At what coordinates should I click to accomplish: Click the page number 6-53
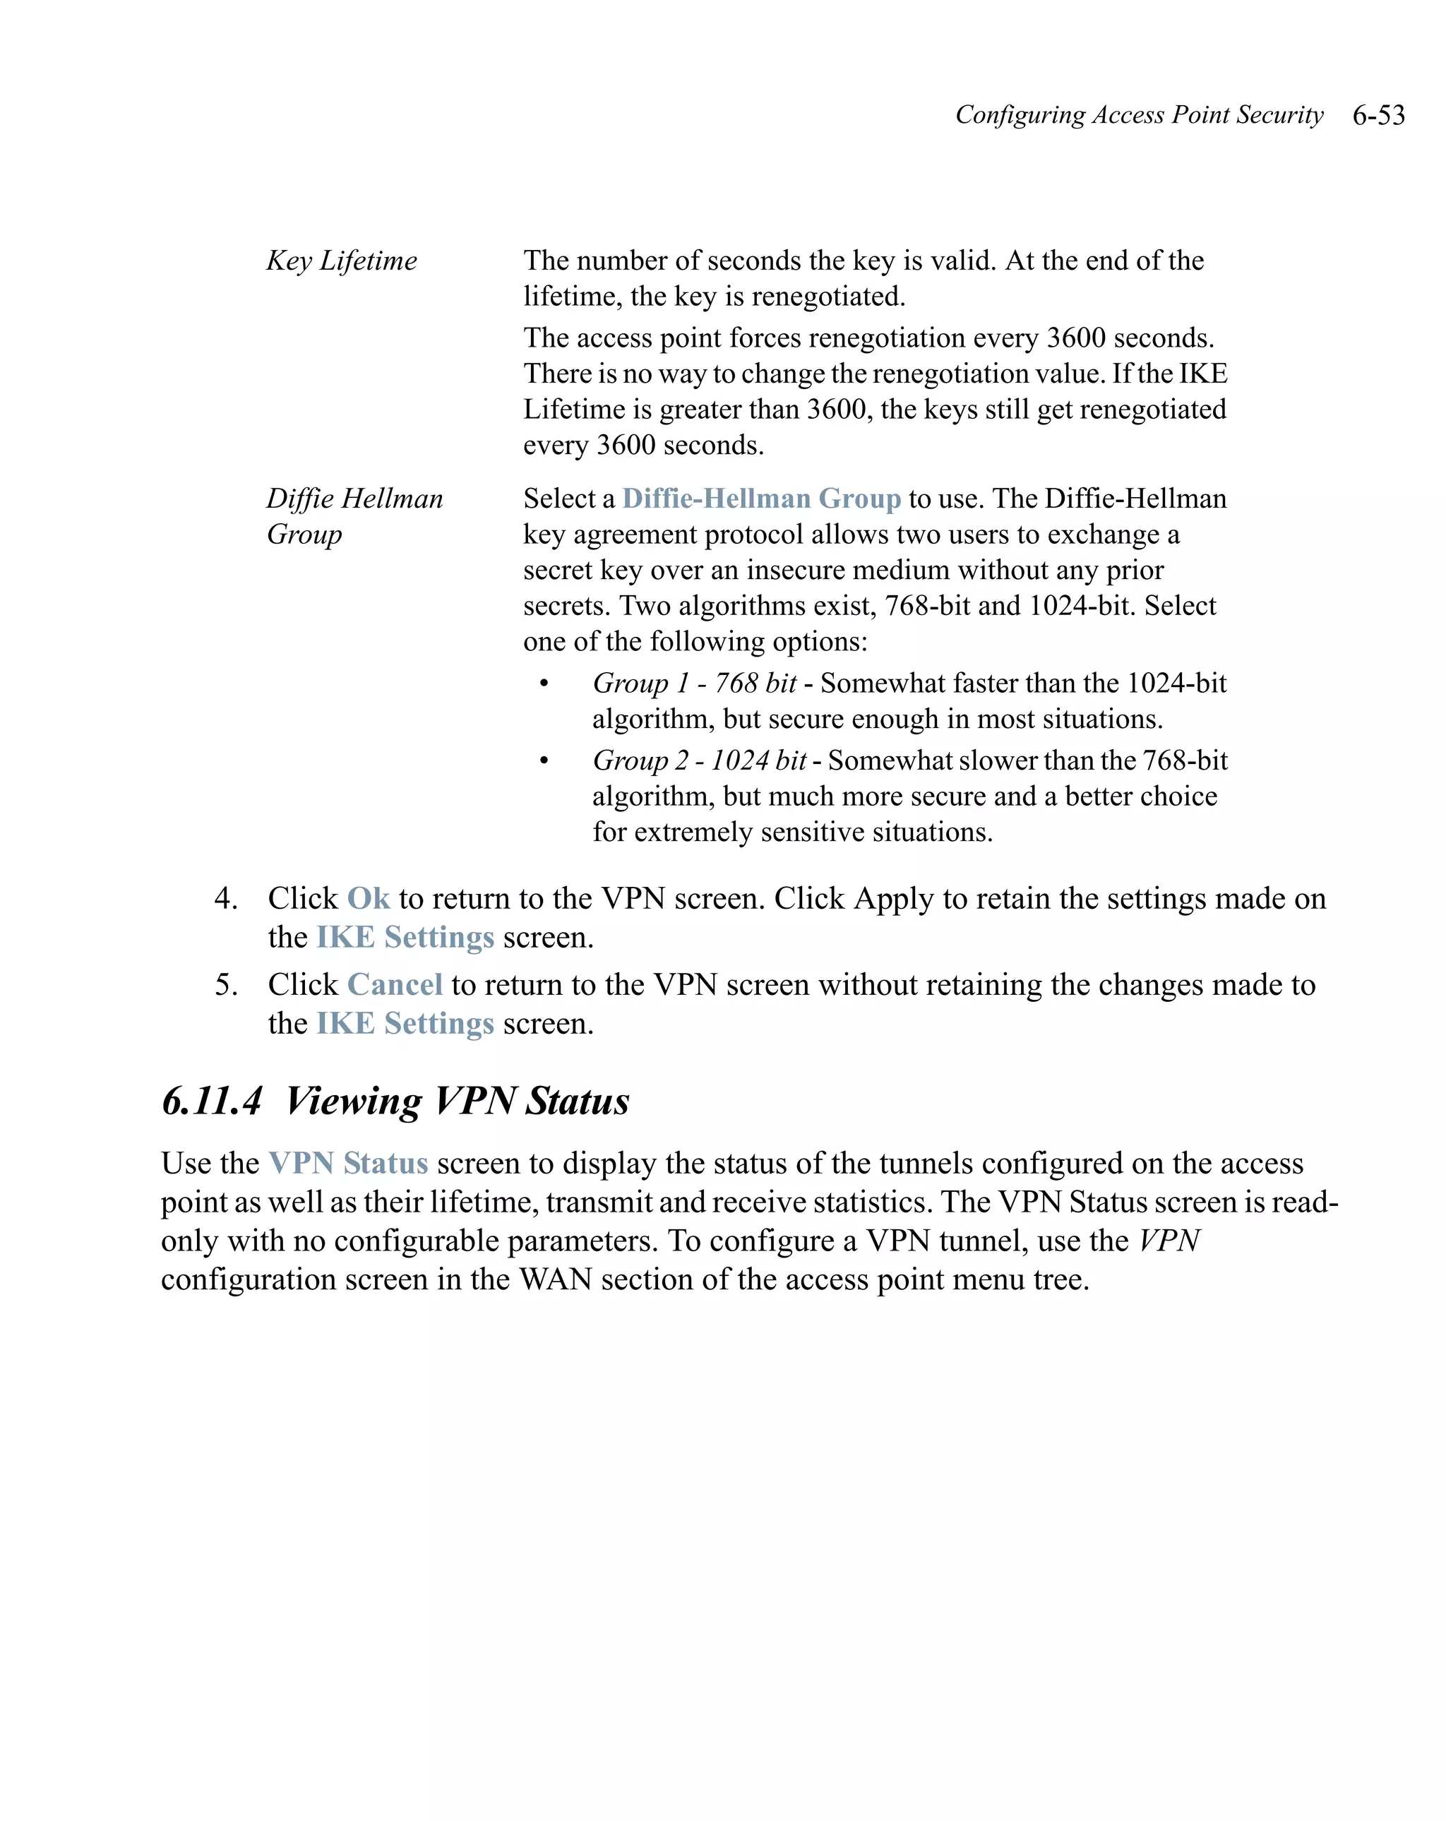pos(1378,115)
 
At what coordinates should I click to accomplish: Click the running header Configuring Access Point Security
pos(1139,115)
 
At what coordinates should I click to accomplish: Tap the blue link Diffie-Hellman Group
pos(761,498)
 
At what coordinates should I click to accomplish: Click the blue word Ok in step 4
pos(369,898)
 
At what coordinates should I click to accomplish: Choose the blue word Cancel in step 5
pos(395,984)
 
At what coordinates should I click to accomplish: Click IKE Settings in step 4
pos(405,937)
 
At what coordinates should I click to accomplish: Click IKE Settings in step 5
pos(405,1023)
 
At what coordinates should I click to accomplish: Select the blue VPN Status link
pos(348,1163)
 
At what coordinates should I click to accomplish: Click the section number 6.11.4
pos(212,1101)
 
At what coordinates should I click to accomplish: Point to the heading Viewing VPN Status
pos(457,1101)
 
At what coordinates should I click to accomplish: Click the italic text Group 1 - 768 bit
pos(694,683)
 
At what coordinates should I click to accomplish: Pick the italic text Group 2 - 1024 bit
pos(700,760)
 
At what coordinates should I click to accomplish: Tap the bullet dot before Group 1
pos(544,683)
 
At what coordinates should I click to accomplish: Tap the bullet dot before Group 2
pos(544,761)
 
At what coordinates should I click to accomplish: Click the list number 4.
pos(225,898)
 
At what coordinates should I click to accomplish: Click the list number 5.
pos(225,984)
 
